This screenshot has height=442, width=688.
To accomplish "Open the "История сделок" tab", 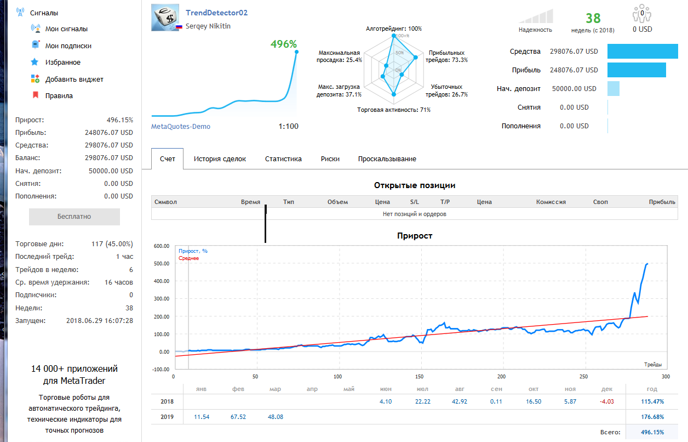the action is (x=220, y=159).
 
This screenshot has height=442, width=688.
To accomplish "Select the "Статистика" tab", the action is (x=283, y=159).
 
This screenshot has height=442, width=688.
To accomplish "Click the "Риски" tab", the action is (x=330, y=159).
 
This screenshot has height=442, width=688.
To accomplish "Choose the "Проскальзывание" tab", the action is (x=387, y=159).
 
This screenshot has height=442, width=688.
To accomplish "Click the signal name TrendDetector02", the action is (x=216, y=13).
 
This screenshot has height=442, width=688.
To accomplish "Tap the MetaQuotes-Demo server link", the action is (x=181, y=127).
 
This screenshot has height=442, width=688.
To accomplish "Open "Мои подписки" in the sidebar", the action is (x=68, y=46).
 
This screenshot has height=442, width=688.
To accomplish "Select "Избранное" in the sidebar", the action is (x=63, y=63).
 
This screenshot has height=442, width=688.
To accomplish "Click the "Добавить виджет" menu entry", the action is (x=74, y=80).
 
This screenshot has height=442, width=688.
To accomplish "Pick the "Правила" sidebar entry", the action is (x=59, y=96).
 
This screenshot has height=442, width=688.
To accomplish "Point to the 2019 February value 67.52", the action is (x=238, y=417).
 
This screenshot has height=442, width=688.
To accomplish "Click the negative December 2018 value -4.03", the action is (x=606, y=401).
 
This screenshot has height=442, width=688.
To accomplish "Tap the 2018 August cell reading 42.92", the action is (x=460, y=401).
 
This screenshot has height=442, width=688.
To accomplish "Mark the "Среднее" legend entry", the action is (x=188, y=258).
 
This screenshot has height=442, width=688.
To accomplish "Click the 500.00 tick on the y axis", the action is (x=162, y=264).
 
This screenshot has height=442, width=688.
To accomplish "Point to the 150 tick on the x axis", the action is (x=419, y=377).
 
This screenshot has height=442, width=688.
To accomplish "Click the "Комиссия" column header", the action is (x=551, y=202).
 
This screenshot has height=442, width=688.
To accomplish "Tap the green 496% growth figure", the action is (x=284, y=44).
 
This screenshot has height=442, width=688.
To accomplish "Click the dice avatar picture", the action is (x=165, y=18).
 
